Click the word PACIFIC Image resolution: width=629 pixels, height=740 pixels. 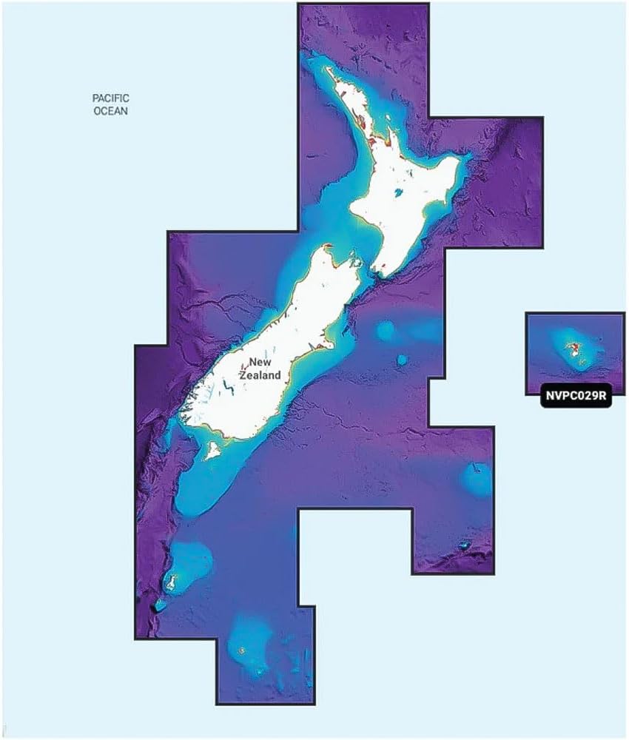(x=111, y=98)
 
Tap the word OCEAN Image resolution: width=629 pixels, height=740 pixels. (x=111, y=112)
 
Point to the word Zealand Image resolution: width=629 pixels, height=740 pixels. (x=260, y=375)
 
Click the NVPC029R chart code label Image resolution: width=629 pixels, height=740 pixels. (x=574, y=395)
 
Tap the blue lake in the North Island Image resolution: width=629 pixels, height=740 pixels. (x=400, y=195)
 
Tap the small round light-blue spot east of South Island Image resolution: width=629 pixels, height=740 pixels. (x=402, y=360)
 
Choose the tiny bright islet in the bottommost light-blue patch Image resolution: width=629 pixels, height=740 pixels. (x=242, y=651)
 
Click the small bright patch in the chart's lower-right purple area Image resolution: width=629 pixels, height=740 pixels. (x=464, y=546)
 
